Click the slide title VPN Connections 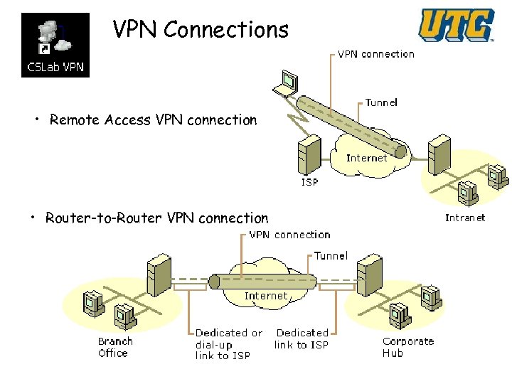[x=201, y=30]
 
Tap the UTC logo [x=456, y=26]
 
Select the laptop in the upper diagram [x=287, y=84]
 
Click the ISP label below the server [x=310, y=182]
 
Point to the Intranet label [x=465, y=218]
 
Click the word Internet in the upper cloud [x=367, y=158]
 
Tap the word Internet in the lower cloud [x=266, y=296]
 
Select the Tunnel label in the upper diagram [x=381, y=102]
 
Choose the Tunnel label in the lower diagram [x=331, y=256]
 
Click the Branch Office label [x=115, y=347]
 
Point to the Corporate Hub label [x=407, y=347]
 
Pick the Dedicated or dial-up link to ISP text [x=228, y=344]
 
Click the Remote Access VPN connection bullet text [x=153, y=120]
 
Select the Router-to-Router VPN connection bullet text [x=156, y=218]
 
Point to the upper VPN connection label [x=375, y=54]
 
